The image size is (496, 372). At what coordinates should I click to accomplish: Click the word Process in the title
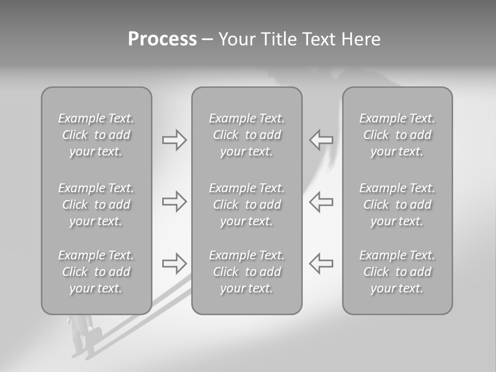click(162, 39)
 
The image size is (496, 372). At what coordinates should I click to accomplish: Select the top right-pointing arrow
click(174, 140)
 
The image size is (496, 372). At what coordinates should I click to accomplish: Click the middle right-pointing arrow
click(174, 202)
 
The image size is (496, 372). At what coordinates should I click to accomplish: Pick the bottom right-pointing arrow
click(174, 263)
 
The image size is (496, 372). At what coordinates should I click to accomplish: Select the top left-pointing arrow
click(321, 140)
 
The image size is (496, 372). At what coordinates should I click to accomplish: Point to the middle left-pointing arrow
click(321, 202)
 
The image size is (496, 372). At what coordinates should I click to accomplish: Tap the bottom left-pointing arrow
click(321, 263)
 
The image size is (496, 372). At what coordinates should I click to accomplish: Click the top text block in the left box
click(96, 135)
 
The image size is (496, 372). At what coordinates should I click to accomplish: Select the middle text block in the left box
click(96, 205)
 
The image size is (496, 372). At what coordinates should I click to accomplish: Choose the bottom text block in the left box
click(96, 272)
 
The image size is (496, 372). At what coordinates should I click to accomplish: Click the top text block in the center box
click(247, 135)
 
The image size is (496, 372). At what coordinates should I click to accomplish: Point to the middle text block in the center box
click(247, 205)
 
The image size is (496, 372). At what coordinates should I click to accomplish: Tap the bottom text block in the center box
click(247, 272)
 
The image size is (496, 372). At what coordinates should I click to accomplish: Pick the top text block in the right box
click(397, 135)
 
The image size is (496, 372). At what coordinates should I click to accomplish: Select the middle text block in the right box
click(397, 205)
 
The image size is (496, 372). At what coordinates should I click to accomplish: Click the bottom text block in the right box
click(397, 272)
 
